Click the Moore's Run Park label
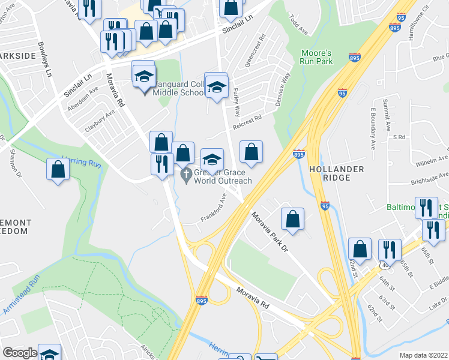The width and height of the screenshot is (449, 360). [x=316, y=58]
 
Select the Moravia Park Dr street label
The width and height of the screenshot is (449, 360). [x=270, y=235]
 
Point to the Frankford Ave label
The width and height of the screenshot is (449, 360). [x=213, y=206]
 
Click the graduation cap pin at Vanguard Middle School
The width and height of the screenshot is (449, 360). [x=144, y=76]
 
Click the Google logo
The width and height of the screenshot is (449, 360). [x=20, y=353]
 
